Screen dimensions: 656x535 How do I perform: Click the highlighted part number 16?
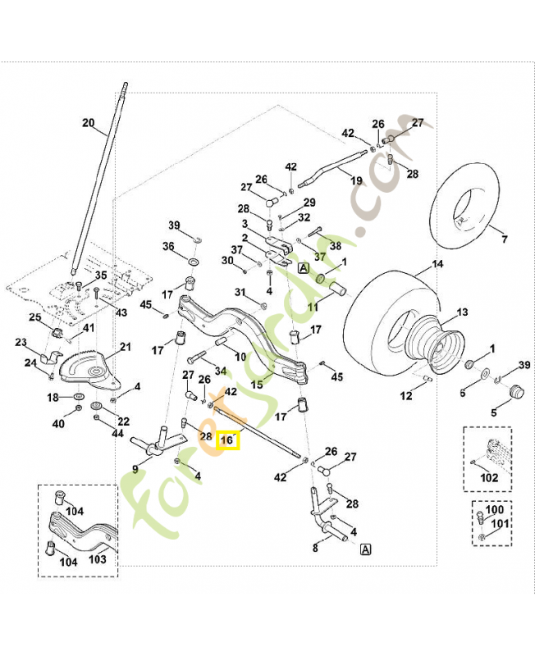[228, 440]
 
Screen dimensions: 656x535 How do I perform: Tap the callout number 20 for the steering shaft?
[89, 123]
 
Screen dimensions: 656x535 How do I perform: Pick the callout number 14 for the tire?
[437, 265]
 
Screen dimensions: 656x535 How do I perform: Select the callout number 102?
[490, 475]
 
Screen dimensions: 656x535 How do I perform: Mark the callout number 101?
[498, 523]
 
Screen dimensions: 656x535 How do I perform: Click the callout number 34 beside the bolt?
[221, 371]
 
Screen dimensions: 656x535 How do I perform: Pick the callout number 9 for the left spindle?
[135, 469]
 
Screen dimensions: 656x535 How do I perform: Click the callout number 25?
[35, 317]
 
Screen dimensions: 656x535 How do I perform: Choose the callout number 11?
[313, 307]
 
